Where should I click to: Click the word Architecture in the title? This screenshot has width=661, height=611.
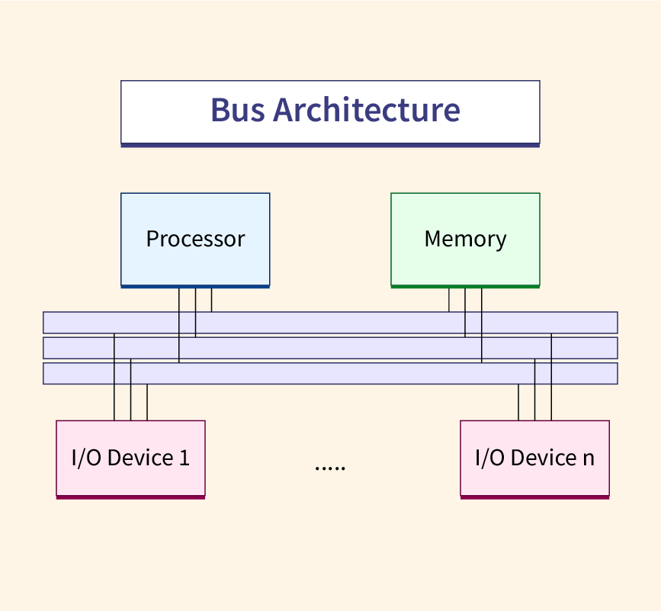[367, 110]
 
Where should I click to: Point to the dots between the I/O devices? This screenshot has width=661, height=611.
[330, 466]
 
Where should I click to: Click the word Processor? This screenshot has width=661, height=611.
[195, 239]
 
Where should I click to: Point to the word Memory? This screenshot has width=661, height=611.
[465, 239]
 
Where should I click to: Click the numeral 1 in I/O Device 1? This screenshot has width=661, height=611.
[184, 458]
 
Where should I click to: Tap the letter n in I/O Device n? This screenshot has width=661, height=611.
[588, 458]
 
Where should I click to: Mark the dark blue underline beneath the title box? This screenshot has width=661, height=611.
[330, 144]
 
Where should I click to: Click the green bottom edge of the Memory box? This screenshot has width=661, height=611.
[465, 286]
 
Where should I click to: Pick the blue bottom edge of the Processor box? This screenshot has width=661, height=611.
[195, 286]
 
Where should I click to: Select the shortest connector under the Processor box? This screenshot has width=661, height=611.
[211, 300]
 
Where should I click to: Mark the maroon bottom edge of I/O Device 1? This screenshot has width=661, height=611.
[130, 497]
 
